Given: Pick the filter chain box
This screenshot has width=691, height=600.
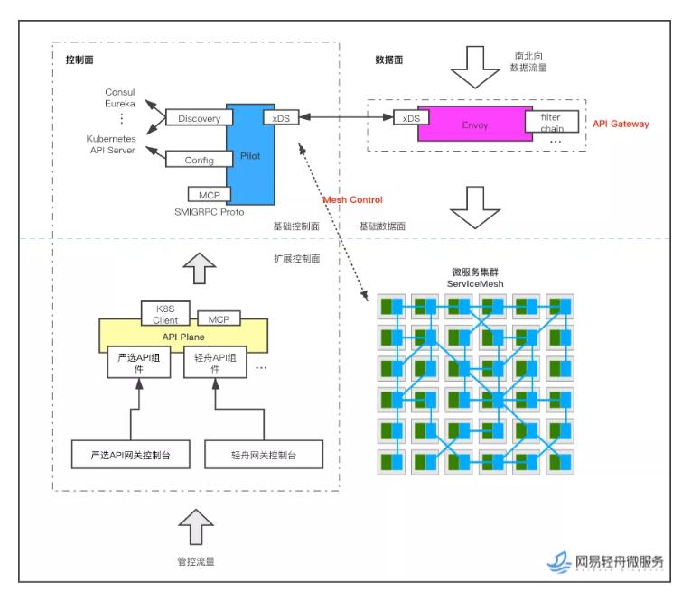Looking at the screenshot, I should pyautogui.click(x=551, y=124).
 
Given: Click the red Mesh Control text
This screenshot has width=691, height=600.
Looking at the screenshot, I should pyautogui.click(x=352, y=199).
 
